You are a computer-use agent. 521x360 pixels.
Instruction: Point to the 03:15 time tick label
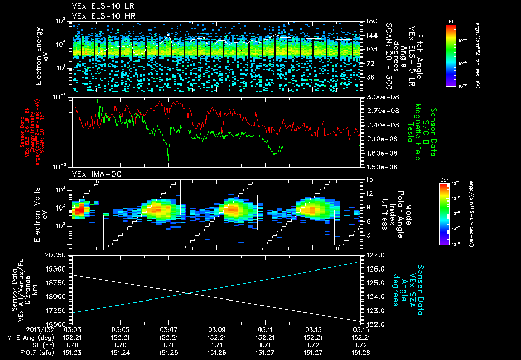tap(360, 329)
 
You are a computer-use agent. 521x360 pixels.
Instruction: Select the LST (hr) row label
tap(41, 344)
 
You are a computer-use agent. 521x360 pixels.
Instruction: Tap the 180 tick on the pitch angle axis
tap(370, 21)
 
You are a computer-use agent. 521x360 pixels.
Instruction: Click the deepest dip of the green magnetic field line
tap(168, 162)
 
